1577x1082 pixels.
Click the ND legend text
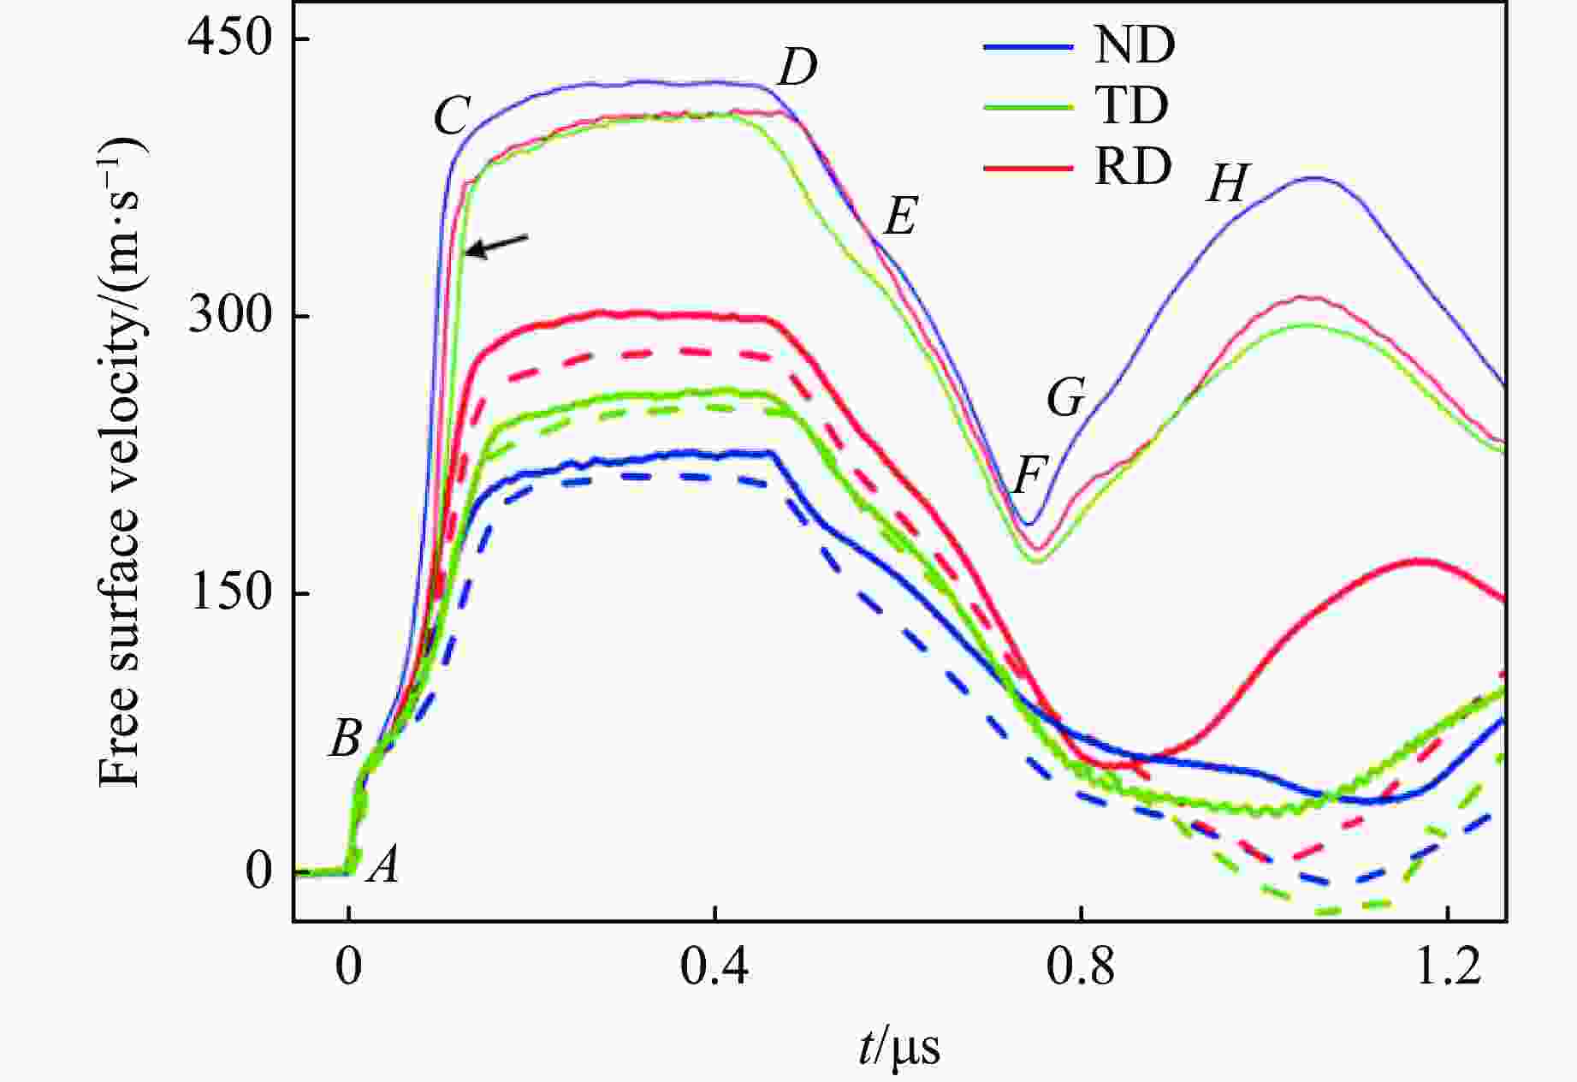click(1134, 45)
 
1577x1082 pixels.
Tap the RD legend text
click(1132, 168)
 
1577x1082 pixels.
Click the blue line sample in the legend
click(1028, 46)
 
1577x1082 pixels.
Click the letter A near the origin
click(384, 865)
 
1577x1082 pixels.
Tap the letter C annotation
click(452, 116)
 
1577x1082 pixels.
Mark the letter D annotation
click(797, 68)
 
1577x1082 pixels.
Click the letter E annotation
click(900, 216)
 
